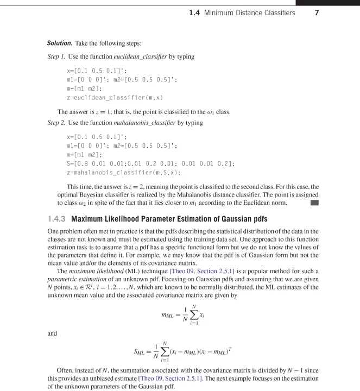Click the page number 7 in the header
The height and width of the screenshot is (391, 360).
[337, 11]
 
